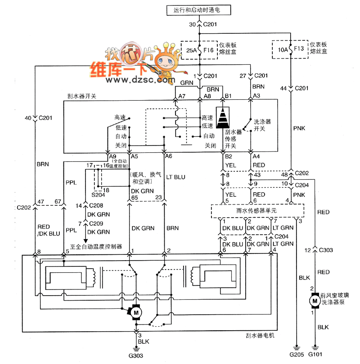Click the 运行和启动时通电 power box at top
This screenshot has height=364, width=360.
[x=199, y=10]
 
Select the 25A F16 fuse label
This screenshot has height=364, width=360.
[x=200, y=50]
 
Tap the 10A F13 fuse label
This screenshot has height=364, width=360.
[x=291, y=49]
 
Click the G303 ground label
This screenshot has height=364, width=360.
[x=136, y=355]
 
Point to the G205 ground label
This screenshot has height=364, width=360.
[x=297, y=355]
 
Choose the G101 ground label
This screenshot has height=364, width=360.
[x=315, y=354]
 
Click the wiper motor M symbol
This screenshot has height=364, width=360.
[x=136, y=312]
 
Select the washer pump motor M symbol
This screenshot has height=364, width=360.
[x=315, y=301]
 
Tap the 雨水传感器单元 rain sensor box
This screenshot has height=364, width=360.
[x=257, y=211]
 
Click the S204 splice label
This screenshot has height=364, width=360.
[x=98, y=195]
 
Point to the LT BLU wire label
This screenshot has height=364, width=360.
[x=175, y=177]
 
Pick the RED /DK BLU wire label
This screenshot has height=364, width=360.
[x=49, y=230]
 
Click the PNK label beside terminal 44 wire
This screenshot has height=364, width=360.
[x=299, y=128]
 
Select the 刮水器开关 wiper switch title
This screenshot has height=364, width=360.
[x=82, y=96]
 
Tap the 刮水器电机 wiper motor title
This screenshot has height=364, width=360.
[x=260, y=335]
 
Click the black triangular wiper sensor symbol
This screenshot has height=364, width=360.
[x=223, y=117]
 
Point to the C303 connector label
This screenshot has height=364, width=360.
[x=326, y=250]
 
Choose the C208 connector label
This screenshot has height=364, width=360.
[x=96, y=205]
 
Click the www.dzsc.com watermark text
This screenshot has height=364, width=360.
[x=140, y=80]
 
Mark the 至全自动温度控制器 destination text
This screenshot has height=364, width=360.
[x=96, y=247]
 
